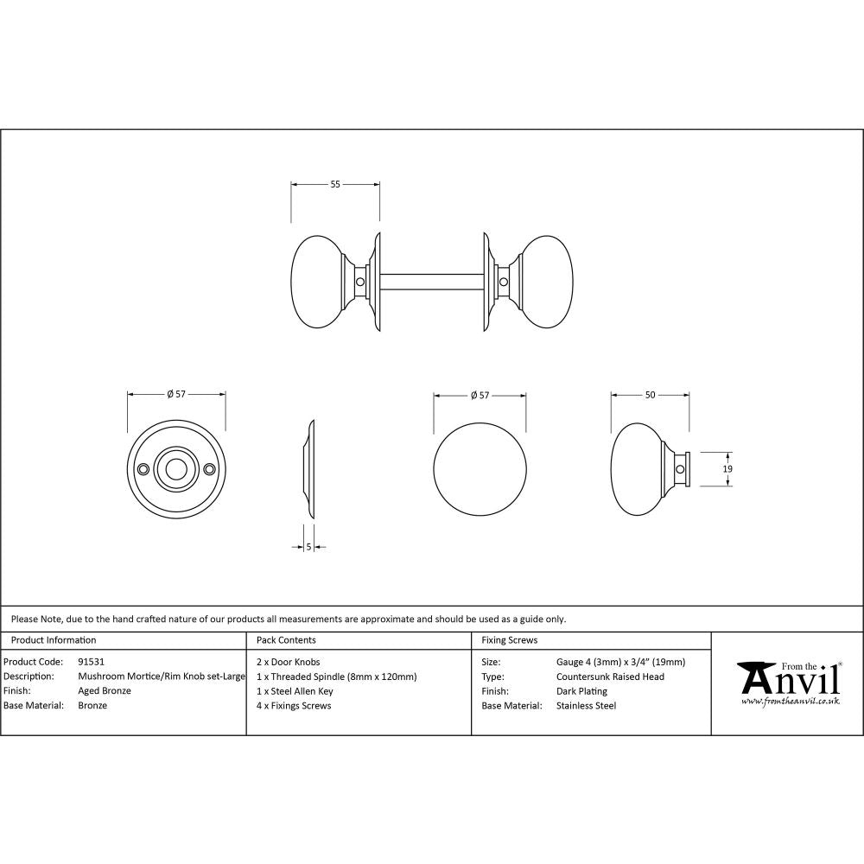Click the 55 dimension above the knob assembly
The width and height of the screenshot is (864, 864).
(335, 184)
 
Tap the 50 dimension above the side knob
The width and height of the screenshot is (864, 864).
(650, 395)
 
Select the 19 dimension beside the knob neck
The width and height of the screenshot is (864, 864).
(727, 468)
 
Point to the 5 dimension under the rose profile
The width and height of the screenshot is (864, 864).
(308, 546)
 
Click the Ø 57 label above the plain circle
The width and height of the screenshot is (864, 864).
(480, 395)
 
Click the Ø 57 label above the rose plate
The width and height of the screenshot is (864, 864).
(176, 395)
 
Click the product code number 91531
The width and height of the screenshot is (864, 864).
(92, 662)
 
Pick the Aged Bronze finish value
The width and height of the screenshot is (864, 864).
(105, 691)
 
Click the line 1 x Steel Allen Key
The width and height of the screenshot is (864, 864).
(295, 691)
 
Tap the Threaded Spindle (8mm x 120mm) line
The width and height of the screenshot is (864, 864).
(337, 677)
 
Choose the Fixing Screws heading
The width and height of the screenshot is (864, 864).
(509, 640)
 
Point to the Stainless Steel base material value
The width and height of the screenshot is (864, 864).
(586, 706)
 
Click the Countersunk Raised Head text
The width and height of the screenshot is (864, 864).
(610, 677)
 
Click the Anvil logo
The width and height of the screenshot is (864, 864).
(788, 679)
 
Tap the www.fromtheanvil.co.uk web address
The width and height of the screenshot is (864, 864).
(790, 702)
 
